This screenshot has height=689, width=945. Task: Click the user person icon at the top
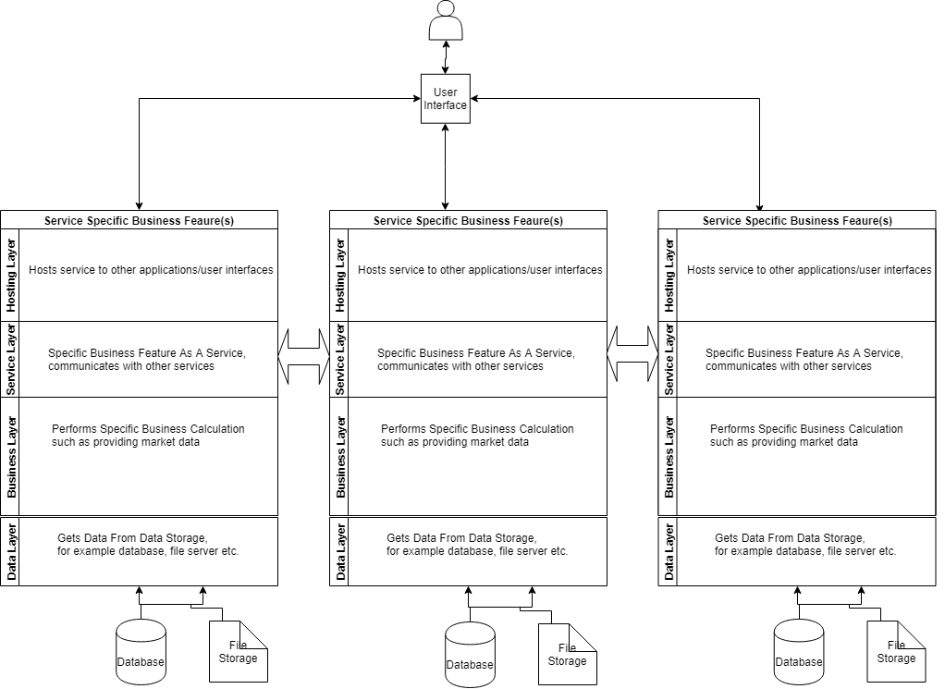click(x=446, y=21)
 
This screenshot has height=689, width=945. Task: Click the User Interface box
click(x=446, y=99)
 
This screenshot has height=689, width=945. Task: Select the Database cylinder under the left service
click(x=141, y=653)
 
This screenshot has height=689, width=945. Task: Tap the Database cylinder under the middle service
click(x=470, y=656)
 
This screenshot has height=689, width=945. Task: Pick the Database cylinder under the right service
click(x=798, y=653)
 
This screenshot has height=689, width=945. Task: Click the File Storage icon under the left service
click(x=238, y=652)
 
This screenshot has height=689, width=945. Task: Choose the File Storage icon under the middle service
click(x=567, y=655)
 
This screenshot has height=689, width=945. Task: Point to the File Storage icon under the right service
click(x=896, y=652)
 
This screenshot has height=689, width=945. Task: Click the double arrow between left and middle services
click(x=304, y=355)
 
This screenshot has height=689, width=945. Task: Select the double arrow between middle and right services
click(x=633, y=355)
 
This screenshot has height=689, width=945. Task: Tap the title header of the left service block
click(x=139, y=220)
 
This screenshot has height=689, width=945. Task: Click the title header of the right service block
click(x=797, y=220)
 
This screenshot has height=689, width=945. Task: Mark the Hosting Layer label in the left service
click(x=11, y=275)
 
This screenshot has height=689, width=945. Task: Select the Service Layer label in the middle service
click(x=340, y=360)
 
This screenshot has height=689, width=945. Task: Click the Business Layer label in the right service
click(x=669, y=457)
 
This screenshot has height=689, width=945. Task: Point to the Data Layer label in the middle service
click(x=340, y=552)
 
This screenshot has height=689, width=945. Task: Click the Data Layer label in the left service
click(x=11, y=552)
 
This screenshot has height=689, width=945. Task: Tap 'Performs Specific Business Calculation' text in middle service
click(x=477, y=429)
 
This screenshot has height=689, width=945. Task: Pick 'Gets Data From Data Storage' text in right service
click(x=790, y=538)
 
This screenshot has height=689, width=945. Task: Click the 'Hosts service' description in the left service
click(x=151, y=270)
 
